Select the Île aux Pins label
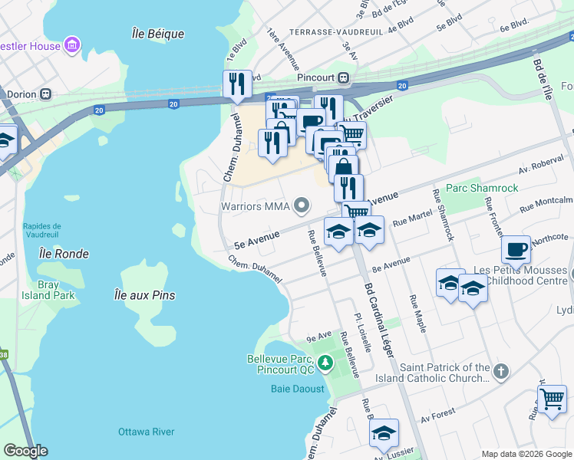(144, 295)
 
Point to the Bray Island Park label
(57, 290)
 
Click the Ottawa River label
(146, 432)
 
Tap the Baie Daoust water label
(298, 389)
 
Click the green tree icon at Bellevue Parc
(325, 362)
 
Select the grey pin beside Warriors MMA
(302, 205)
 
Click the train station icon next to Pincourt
(345, 77)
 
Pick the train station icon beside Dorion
(46, 94)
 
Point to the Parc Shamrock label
(482, 188)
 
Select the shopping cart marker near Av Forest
(552, 399)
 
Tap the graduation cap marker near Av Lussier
(384, 433)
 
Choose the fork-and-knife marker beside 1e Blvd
(237, 83)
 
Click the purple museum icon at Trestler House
(72, 45)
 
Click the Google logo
(25, 451)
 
